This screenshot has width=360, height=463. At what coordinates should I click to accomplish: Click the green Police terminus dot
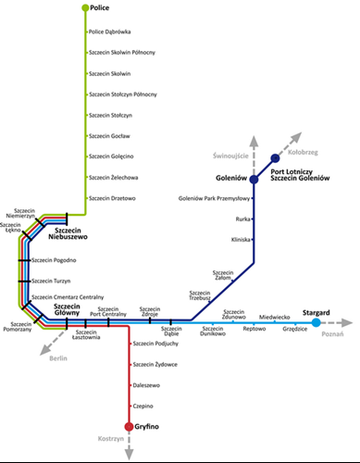tap(86, 8)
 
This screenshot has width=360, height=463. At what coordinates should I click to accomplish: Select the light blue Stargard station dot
tap(317, 322)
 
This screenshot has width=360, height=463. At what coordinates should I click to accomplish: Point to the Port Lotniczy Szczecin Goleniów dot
tap(275, 157)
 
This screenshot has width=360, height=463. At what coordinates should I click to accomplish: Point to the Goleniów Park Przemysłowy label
tap(216, 198)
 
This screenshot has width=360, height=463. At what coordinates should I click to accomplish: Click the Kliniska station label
tap(242, 239)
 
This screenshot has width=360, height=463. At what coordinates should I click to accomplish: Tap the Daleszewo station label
tap(148, 385)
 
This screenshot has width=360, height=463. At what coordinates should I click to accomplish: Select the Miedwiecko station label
tap(275, 316)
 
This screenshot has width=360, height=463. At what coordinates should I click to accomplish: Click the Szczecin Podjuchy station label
tap(155, 344)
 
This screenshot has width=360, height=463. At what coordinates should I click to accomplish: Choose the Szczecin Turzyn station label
tap(53, 280)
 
